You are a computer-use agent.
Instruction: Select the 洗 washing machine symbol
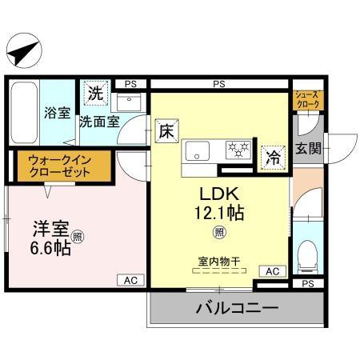tap(96, 92)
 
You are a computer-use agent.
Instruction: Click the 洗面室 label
tap(99, 122)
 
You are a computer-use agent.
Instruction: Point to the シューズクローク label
tap(308, 98)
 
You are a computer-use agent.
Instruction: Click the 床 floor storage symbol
tap(166, 128)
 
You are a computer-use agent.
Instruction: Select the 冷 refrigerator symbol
tap(273, 157)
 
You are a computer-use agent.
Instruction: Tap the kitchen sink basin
tap(196, 150)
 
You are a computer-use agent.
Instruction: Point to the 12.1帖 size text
tap(217, 214)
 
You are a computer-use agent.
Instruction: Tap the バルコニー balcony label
tap(236, 307)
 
